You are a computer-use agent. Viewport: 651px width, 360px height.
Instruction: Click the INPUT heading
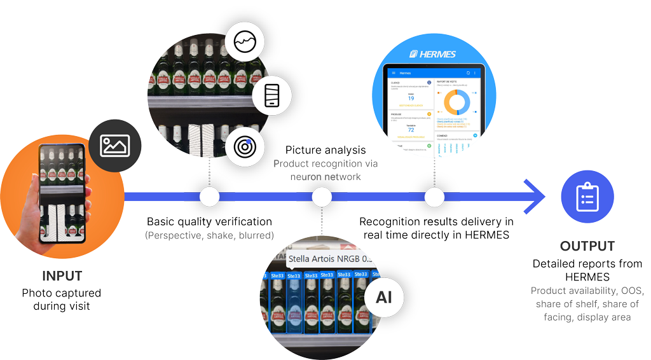pos(62,277)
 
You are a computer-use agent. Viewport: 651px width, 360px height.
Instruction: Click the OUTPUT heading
pos(587,246)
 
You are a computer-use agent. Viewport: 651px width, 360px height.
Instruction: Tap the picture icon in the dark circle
pos(115,146)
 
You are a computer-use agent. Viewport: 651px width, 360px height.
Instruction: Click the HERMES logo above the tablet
pos(432,54)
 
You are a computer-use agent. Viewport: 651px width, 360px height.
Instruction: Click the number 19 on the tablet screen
pos(411,99)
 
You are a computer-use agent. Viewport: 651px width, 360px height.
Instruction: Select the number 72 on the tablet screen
pos(411,129)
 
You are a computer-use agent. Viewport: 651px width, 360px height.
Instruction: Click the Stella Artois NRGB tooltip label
pos(329,260)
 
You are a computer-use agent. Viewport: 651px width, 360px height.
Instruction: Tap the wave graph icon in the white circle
pos(245,42)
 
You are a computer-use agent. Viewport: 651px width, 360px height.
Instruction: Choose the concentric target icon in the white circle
pos(245,147)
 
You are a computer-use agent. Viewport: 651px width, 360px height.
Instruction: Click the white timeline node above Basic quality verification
pos(209,197)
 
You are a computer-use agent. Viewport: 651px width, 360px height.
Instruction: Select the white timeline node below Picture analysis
pos(322,197)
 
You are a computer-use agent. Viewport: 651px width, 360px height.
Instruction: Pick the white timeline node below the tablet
pos(434,197)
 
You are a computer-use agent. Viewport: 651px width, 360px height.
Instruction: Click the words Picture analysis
pos(325,150)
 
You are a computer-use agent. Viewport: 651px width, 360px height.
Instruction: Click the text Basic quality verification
pos(209,222)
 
